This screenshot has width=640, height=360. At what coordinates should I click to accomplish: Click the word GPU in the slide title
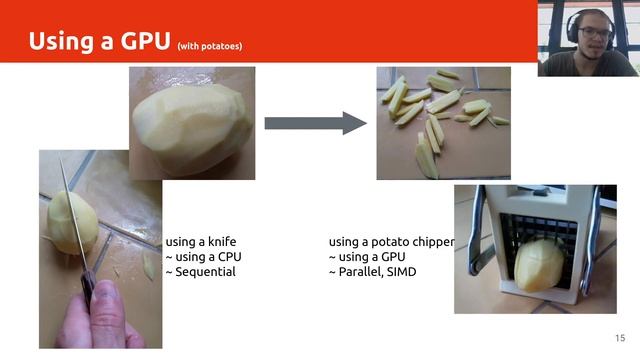pyautogui.click(x=145, y=41)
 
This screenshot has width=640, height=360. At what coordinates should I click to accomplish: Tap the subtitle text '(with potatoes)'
pyautogui.click(x=210, y=46)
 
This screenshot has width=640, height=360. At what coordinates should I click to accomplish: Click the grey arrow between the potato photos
pyautogui.click(x=316, y=123)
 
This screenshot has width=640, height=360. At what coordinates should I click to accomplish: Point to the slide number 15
pyautogui.click(x=620, y=338)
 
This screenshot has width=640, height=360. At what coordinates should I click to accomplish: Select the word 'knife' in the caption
pyautogui.click(x=222, y=242)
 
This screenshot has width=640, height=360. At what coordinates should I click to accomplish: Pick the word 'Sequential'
pyautogui.click(x=205, y=272)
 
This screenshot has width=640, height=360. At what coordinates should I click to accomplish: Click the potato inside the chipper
pyautogui.click(x=539, y=265)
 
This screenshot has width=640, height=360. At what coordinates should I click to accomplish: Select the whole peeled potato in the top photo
pyautogui.click(x=193, y=129)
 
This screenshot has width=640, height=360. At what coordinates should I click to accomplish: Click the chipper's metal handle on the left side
pyautogui.click(x=476, y=233)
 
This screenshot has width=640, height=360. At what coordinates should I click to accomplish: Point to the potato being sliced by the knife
pyautogui.click(x=72, y=223)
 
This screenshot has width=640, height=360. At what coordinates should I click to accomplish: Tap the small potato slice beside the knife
pyautogui.click(x=149, y=265)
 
